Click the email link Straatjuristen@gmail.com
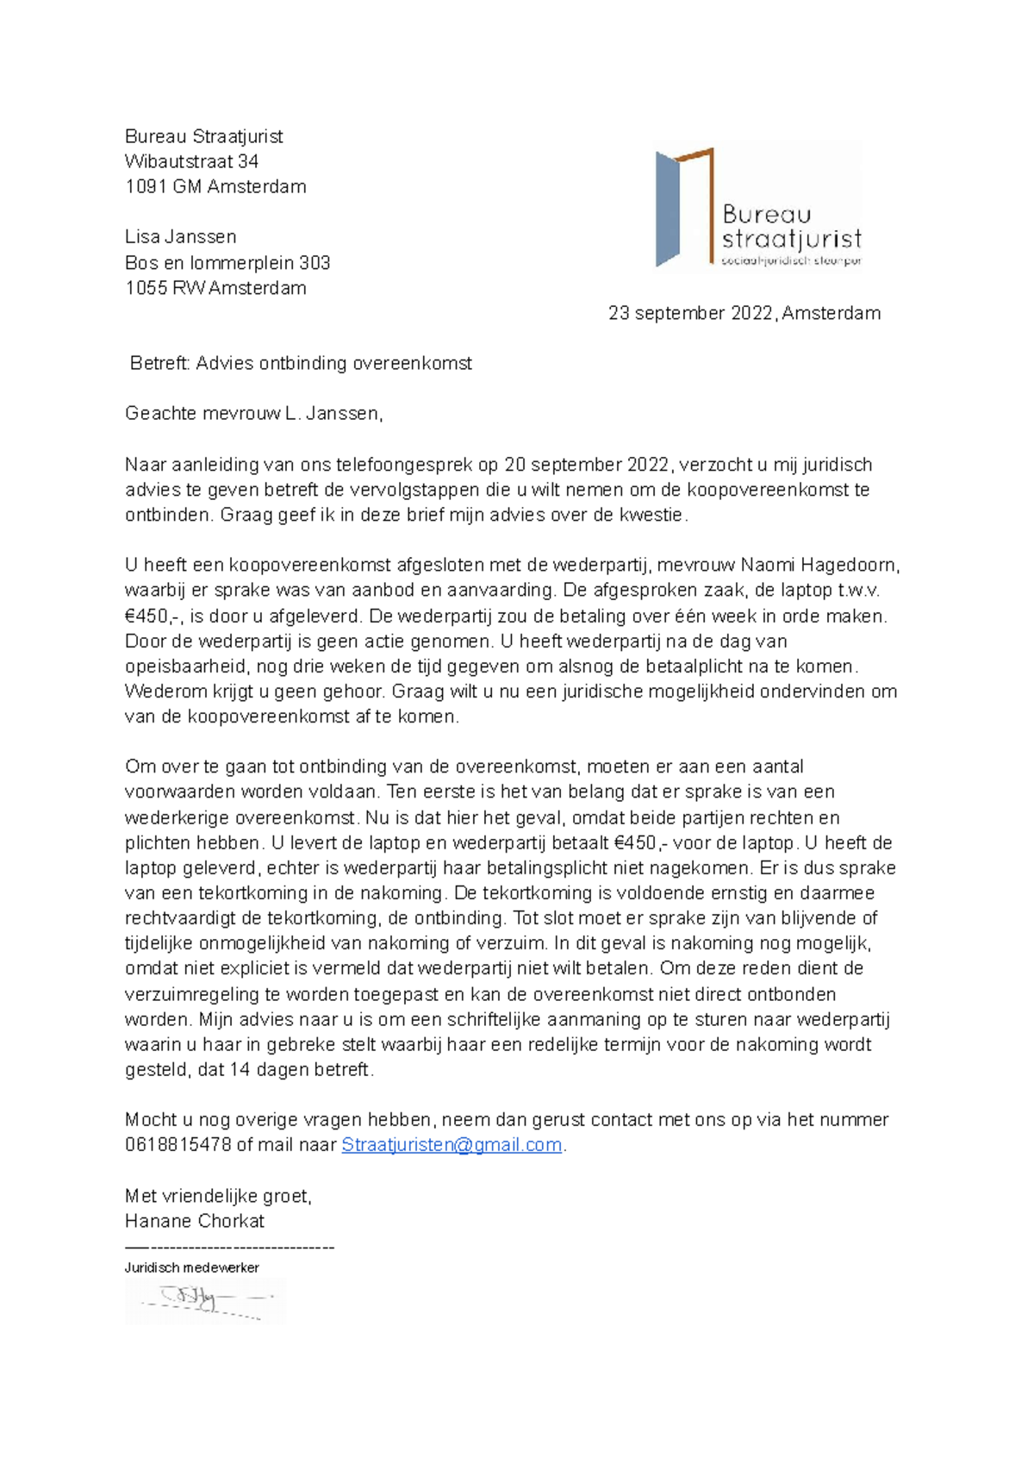pyautogui.click(x=452, y=1145)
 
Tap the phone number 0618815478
pyautogui.click(x=178, y=1145)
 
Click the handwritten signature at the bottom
pyautogui.click(x=205, y=1301)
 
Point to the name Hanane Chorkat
pyautogui.click(x=194, y=1221)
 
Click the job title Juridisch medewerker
pyautogui.click(x=191, y=1267)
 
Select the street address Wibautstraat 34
pyautogui.click(x=191, y=161)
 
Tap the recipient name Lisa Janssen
pyautogui.click(x=180, y=236)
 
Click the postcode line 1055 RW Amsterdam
pyautogui.click(x=215, y=288)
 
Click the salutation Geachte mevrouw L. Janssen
pyautogui.click(x=253, y=413)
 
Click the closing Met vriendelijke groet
pyautogui.click(x=218, y=1196)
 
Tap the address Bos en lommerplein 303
pyautogui.click(x=227, y=262)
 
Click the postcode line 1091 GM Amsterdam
pyautogui.click(x=215, y=186)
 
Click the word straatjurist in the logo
pyautogui.click(x=791, y=239)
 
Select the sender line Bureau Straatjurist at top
pyautogui.click(x=203, y=136)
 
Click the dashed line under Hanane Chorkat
pyautogui.click(x=229, y=1247)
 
